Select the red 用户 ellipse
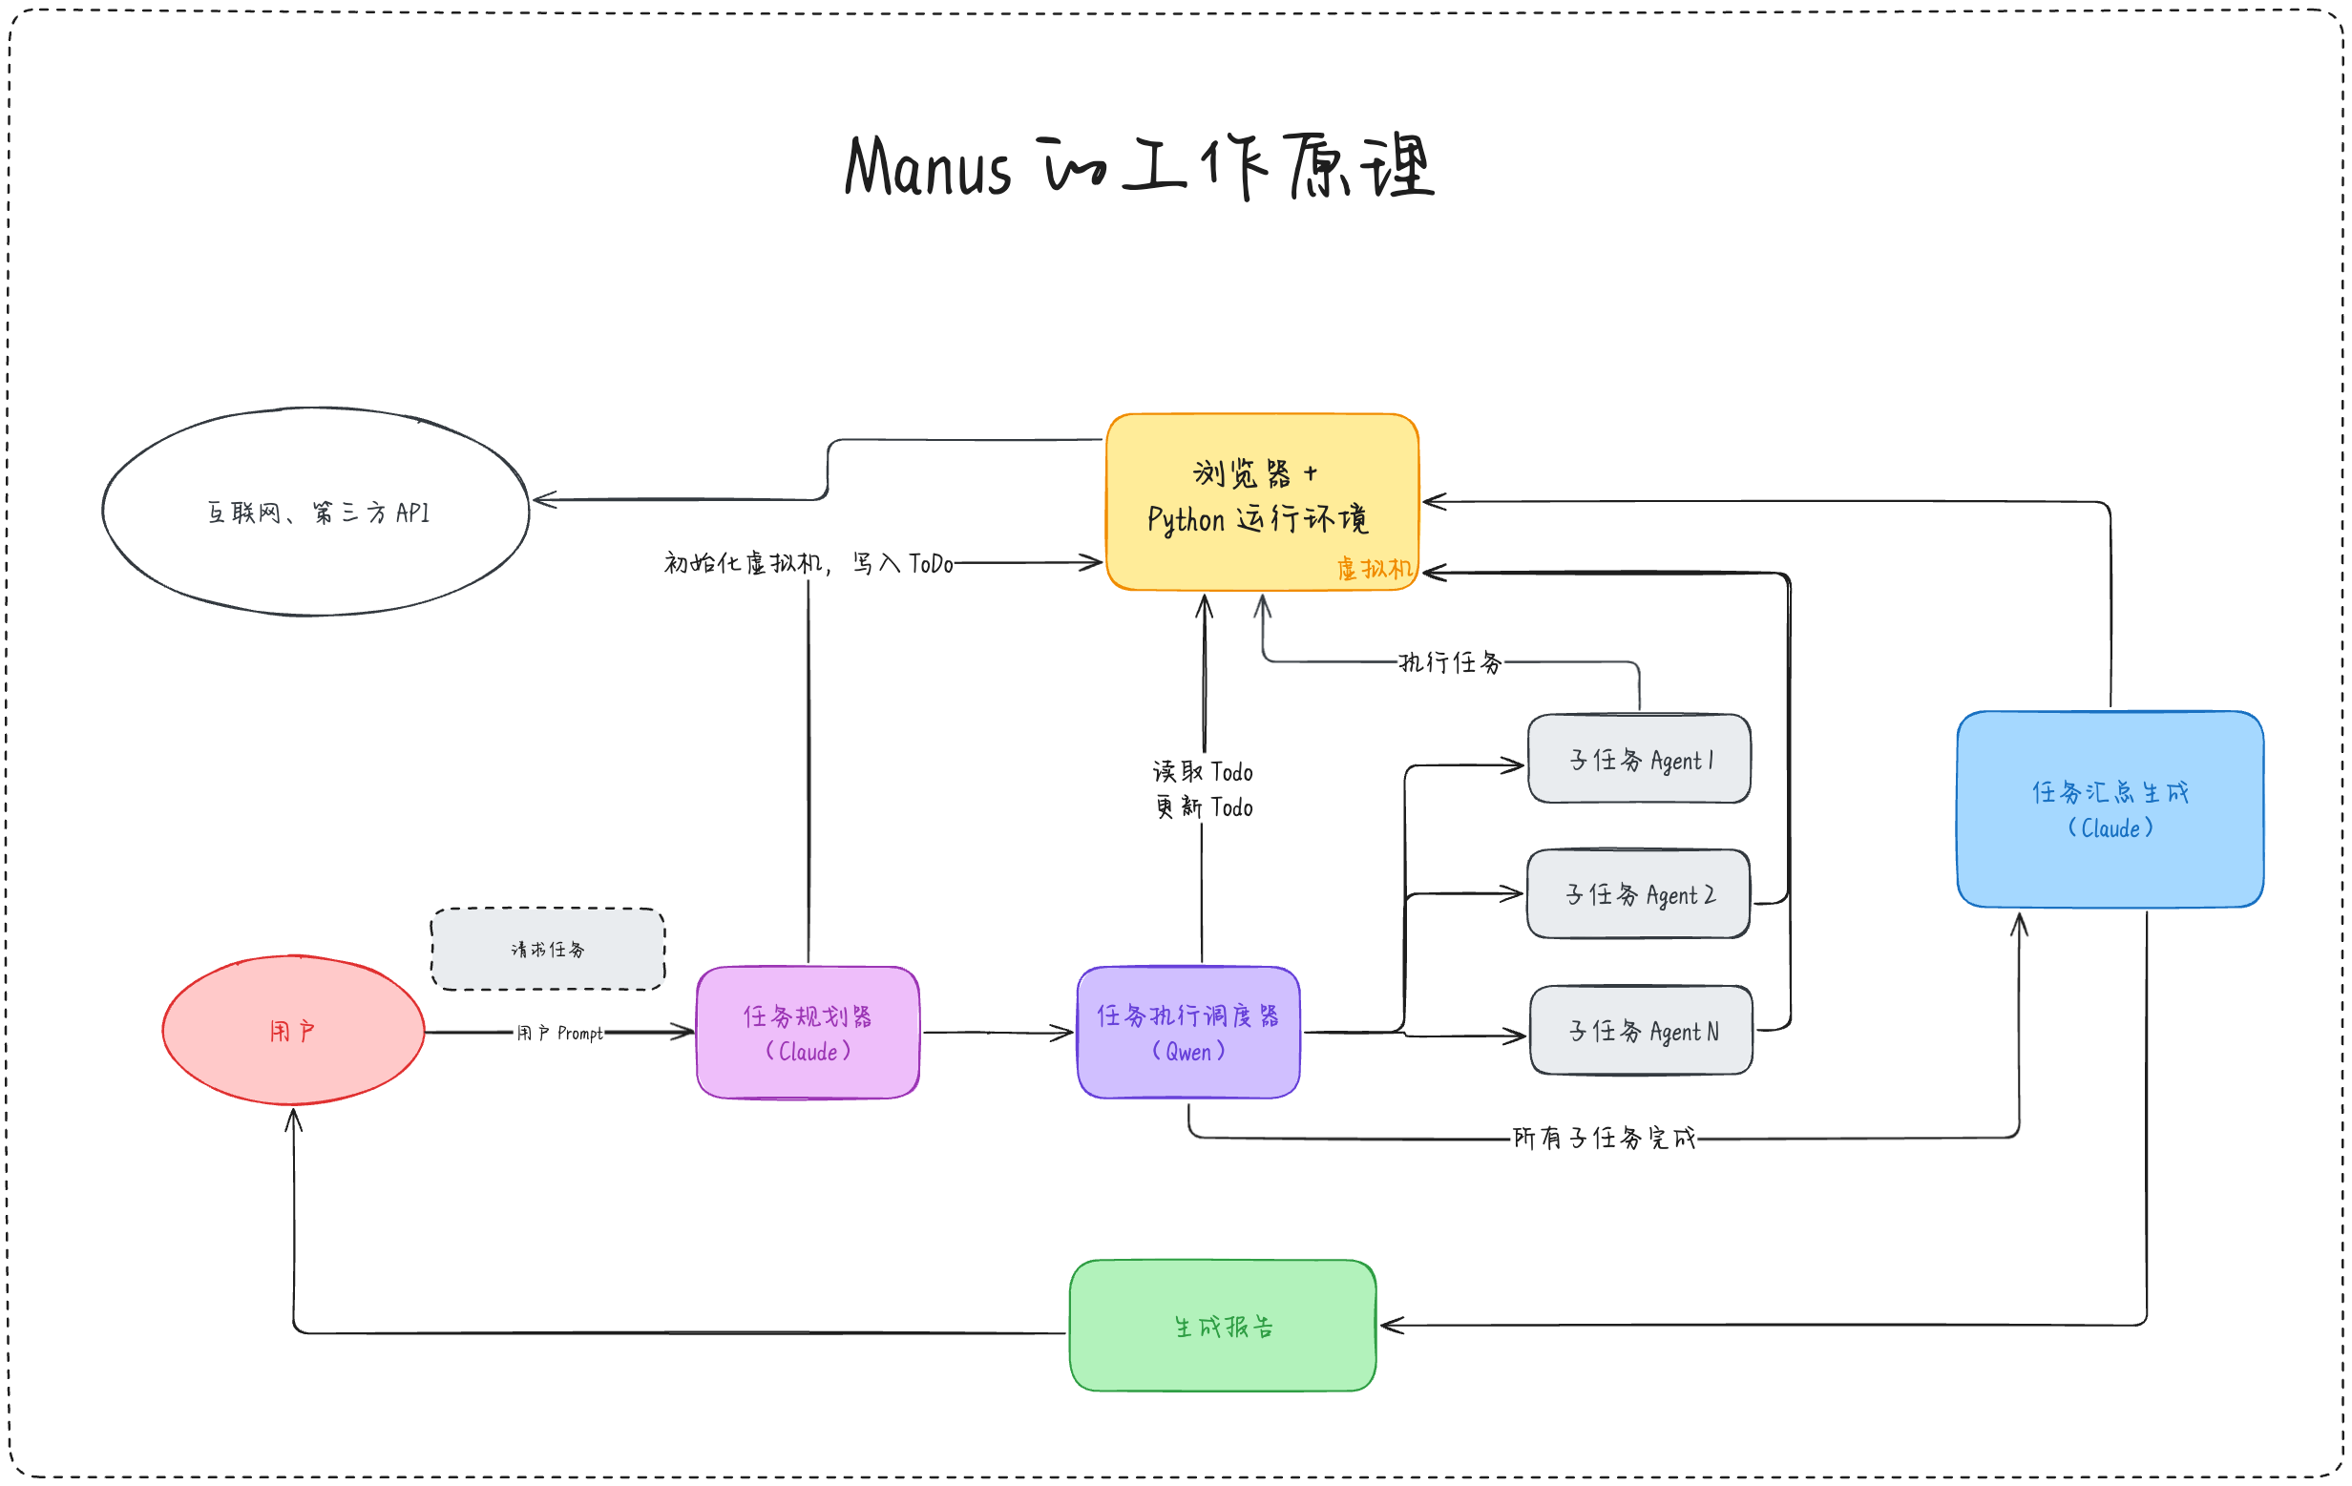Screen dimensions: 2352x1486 (x=293, y=1030)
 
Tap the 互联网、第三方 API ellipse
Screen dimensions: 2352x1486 (x=316, y=512)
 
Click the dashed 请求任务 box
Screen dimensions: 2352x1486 (x=548, y=949)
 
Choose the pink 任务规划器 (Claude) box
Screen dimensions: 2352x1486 (x=808, y=1032)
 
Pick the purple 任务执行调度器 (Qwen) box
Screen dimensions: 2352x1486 (x=1187, y=1032)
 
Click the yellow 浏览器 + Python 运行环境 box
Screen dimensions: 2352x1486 (x=1262, y=502)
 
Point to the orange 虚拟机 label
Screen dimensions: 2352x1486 (x=1374, y=568)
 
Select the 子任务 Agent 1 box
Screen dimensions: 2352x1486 (x=1639, y=759)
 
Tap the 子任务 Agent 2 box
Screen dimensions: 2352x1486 (x=1639, y=893)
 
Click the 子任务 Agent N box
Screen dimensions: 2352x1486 (x=1641, y=1030)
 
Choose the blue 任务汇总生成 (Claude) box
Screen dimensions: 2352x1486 (x=2110, y=809)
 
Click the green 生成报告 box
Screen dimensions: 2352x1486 (x=1223, y=1326)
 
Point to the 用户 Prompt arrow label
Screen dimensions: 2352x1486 (x=559, y=1033)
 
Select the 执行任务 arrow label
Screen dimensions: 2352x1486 (x=1451, y=663)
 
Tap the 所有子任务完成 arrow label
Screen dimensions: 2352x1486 (x=1604, y=1139)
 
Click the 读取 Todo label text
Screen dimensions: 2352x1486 (x=1203, y=772)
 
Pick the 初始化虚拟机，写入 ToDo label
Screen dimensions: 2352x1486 (x=808, y=563)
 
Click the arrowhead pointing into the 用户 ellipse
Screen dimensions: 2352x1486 (x=293, y=1119)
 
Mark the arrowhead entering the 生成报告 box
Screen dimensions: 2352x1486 (x=1391, y=1326)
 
